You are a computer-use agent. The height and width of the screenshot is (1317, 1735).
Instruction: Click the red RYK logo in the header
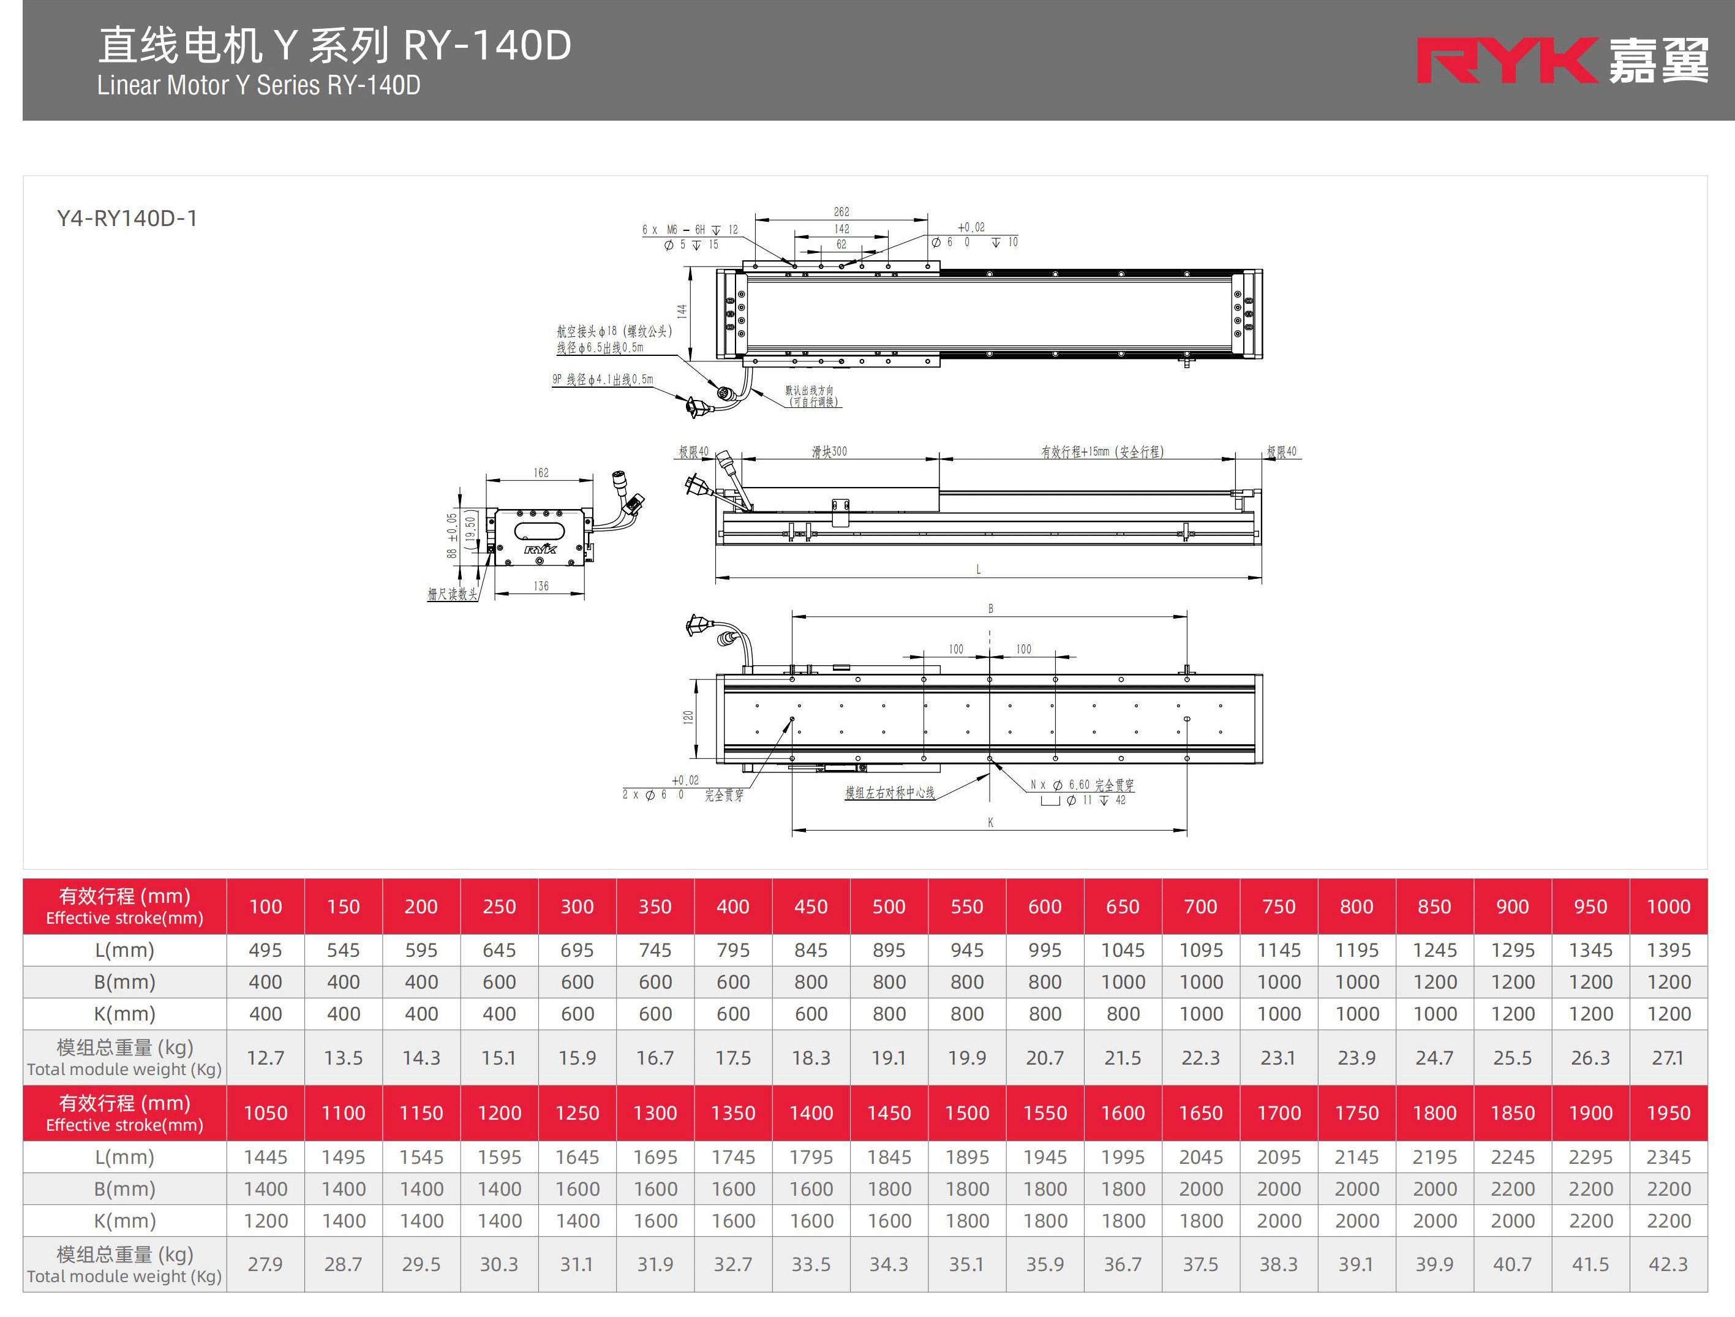click(1506, 61)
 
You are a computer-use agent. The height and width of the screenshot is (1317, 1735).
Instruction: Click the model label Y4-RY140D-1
click(127, 218)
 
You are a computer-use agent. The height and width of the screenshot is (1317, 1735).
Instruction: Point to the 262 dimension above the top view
click(841, 212)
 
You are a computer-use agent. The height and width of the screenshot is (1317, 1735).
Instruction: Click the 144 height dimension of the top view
click(682, 311)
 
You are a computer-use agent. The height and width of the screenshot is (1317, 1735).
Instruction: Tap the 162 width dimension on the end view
click(541, 473)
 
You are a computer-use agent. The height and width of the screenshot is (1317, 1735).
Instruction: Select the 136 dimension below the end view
click(541, 586)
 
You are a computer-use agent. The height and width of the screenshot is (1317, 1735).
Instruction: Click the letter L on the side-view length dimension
click(978, 570)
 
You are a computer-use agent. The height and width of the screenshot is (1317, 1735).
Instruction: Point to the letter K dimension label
click(991, 822)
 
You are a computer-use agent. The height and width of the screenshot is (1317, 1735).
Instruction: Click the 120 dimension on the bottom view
click(688, 717)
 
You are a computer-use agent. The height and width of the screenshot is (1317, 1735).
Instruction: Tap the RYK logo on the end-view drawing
click(540, 549)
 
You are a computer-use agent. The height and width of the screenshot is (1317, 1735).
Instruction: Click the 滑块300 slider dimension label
click(829, 452)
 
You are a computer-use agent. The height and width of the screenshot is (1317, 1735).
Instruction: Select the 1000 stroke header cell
click(1668, 907)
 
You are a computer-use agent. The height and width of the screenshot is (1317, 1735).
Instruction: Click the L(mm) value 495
click(265, 951)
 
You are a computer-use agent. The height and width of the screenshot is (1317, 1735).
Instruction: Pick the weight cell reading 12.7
click(265, 1058)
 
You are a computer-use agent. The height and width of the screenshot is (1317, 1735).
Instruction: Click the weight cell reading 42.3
click(1668, 1264)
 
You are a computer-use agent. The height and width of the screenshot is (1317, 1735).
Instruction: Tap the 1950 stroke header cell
click(1668, 1113)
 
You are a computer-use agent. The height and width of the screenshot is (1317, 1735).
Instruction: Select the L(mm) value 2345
click(1668, 1157)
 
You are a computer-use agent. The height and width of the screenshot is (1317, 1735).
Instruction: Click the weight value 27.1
click(1668, 1058)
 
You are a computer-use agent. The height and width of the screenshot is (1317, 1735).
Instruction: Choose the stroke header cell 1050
click(265, 1113)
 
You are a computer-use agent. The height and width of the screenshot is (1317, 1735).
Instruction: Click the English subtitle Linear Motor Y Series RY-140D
click(259, 85)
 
